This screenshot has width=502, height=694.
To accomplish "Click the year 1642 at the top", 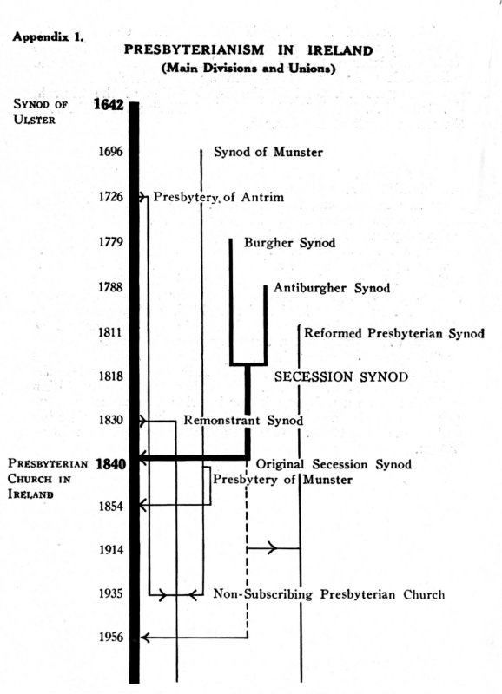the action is click(x=109, y=105).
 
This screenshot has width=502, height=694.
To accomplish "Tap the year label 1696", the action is click(x=111, y=152).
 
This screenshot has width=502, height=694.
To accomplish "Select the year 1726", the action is click(x=111, y=196).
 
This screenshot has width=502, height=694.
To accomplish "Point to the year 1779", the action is click(x=111, y=242).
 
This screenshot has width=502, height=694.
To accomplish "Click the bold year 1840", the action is click(x=111, y=464).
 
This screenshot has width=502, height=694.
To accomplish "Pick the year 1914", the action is click(x=111, y=550).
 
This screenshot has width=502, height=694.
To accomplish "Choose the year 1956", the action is click(x=111, y=637).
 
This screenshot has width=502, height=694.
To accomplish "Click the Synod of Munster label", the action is click(x=268, y=153).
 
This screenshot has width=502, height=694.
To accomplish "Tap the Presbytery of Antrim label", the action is click(x=219, y=197).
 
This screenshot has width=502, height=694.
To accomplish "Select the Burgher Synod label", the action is click(x=289, y=243).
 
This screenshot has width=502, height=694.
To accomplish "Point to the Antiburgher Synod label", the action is click(x=332, y=288).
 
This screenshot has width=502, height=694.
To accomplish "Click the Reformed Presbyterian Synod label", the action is click(x=394, y=333).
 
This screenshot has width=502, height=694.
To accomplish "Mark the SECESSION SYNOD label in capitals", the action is click(x=341, y=377).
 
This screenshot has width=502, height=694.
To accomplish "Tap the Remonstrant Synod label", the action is click(x=243, y=420).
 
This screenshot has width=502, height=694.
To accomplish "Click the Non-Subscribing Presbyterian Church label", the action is click(x=329, y=594).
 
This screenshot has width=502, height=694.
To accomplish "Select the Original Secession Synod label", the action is click(x=334, y=464).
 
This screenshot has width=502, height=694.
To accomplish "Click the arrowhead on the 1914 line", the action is click(x=273, y=548).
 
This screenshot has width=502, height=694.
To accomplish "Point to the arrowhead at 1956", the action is click(x=145, y=638).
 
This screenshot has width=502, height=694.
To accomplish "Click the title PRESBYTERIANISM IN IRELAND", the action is click(x=248, y=50).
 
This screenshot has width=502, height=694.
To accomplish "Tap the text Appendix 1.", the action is click(x=49, y=36).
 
